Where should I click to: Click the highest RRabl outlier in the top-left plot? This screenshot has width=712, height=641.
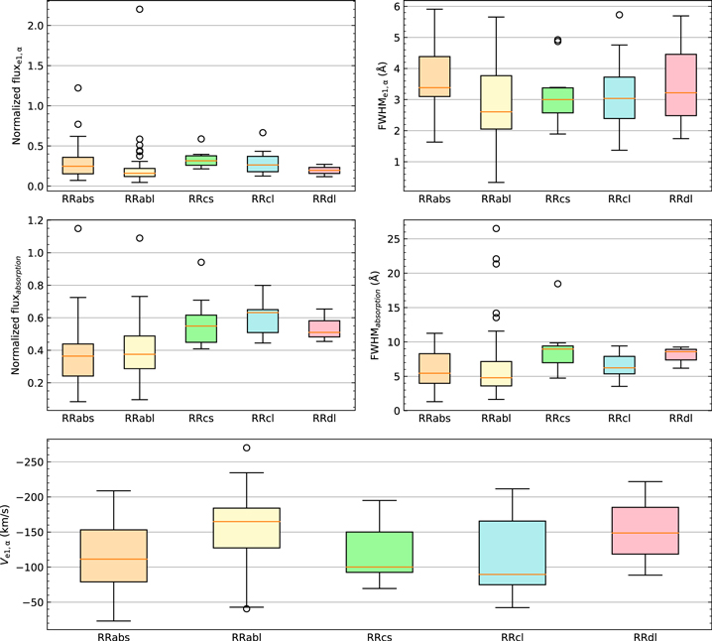point(140,9)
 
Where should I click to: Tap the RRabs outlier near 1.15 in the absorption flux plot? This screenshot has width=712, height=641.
point(77,229)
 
